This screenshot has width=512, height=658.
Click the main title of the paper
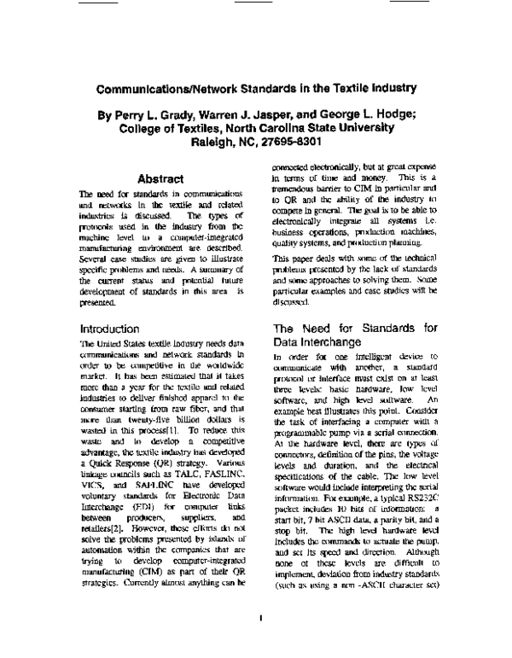(256, 88)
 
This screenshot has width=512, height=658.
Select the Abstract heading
(160, 180)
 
